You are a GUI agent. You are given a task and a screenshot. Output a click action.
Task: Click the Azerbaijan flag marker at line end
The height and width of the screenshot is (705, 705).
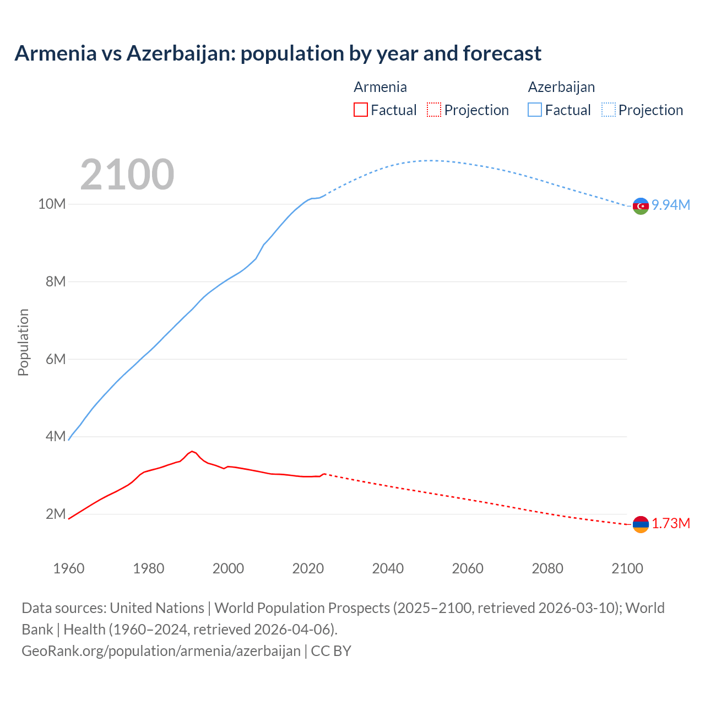point(641,205)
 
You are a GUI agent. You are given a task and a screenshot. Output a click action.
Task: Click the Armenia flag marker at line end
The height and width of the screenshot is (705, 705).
point(641,524)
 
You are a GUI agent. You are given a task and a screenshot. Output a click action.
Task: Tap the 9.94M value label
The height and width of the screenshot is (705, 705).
point(671,205)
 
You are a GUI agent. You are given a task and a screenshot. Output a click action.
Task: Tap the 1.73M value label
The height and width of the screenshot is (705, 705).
point(671,523)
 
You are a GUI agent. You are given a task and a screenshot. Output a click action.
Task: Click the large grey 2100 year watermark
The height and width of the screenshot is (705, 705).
point(127,175)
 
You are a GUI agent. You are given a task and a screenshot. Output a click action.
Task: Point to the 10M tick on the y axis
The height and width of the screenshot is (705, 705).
point(52,204)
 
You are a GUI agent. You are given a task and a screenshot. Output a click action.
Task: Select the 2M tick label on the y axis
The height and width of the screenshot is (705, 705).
point(55,514)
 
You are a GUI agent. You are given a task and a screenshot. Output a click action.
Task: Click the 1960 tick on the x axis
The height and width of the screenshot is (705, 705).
point(69,568)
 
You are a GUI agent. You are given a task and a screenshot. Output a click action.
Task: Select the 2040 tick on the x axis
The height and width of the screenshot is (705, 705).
point(388,568)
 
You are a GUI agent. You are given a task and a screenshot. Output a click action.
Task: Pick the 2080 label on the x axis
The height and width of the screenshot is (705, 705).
point(547,568)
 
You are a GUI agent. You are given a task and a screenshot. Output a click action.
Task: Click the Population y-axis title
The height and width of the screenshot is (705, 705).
point(23,342)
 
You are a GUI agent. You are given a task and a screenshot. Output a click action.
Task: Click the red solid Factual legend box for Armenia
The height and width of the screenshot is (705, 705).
point(360,110)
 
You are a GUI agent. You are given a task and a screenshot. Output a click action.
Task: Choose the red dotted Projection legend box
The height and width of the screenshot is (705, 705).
point(434,110)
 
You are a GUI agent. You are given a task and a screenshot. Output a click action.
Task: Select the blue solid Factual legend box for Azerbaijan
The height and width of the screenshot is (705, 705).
point(535,110)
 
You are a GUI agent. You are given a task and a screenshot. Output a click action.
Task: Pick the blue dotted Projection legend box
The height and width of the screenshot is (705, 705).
point(608,110)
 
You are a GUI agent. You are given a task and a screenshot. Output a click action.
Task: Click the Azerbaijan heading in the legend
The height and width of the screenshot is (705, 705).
point(561,87)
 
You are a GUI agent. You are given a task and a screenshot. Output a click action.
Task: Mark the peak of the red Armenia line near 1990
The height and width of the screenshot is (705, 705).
point(192,451)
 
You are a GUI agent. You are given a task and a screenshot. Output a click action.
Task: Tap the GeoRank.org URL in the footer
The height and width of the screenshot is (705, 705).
point(161,651)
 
